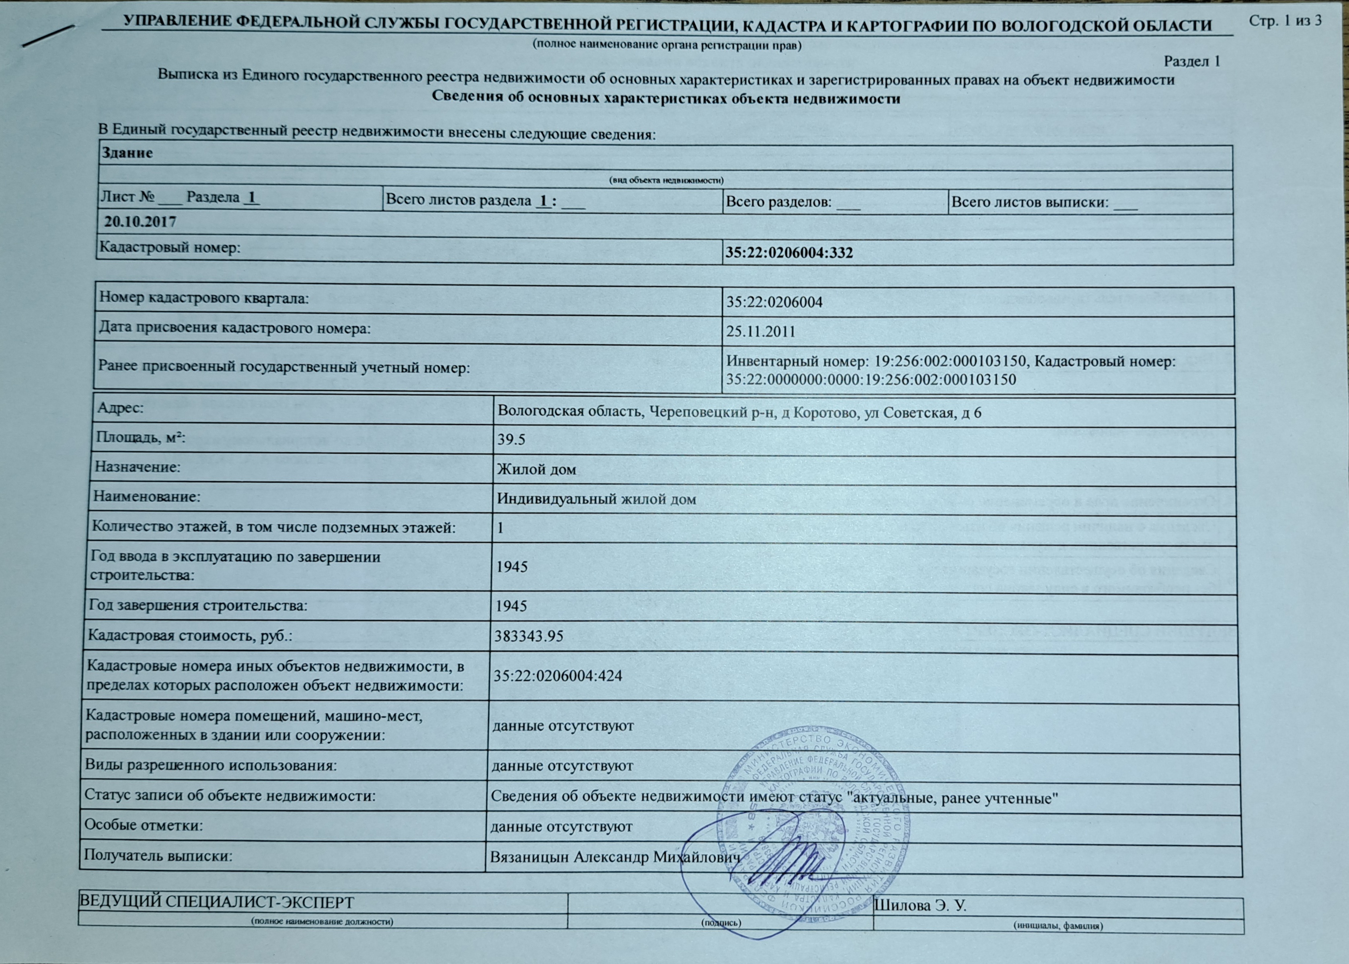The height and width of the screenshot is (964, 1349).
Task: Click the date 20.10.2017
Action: click(x=141, y=222)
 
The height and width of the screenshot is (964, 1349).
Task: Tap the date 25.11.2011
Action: click(x=761, y=331)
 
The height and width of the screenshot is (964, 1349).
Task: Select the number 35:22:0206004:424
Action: click(x=558, y=675)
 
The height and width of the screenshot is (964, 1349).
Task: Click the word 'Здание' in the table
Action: click(x=127, y=153)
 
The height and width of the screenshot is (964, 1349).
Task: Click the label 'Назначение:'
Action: click(x=138, y=467)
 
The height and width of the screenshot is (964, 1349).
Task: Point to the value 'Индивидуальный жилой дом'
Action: click(x=596, y=499)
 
